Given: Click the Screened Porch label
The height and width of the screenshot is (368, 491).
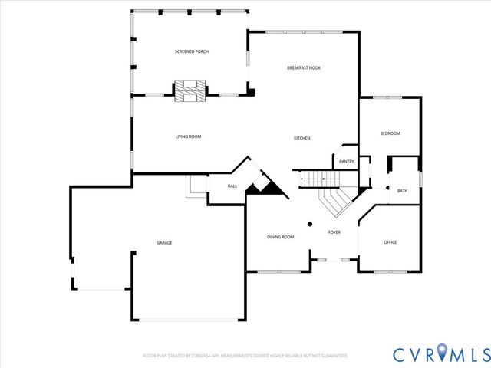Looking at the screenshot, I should pos(192,51).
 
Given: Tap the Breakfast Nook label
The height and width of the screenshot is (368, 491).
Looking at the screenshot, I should pos(304,68).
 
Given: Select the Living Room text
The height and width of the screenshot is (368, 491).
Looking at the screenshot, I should pos(188,136).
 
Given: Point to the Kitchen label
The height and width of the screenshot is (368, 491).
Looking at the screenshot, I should pos(302,138).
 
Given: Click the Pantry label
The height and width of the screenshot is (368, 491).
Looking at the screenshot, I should pos(347,161).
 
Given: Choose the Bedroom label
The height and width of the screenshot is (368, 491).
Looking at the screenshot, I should pos(390,133).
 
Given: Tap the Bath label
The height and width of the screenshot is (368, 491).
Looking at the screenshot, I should pos(402,191).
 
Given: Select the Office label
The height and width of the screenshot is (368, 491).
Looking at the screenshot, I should pos(390,242).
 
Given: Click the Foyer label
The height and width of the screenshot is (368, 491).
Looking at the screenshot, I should pos(334,232).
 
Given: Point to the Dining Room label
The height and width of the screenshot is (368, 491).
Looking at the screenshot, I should pos(281,237).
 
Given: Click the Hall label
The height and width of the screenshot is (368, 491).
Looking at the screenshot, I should pos(232,186).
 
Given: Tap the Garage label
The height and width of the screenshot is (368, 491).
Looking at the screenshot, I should pos(164,243).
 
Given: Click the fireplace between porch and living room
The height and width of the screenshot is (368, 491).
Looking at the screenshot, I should pos(189,90).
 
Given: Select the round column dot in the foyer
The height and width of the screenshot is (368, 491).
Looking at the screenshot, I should pos(310,225).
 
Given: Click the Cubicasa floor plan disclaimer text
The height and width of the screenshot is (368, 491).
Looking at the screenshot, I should pos(245,356).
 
